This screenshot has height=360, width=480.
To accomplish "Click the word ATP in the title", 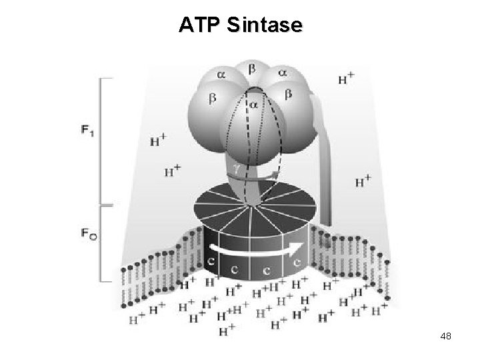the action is point(199,25).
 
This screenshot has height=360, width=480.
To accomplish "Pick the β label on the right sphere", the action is point(289,95).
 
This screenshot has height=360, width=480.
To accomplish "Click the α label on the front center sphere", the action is point(253,105).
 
